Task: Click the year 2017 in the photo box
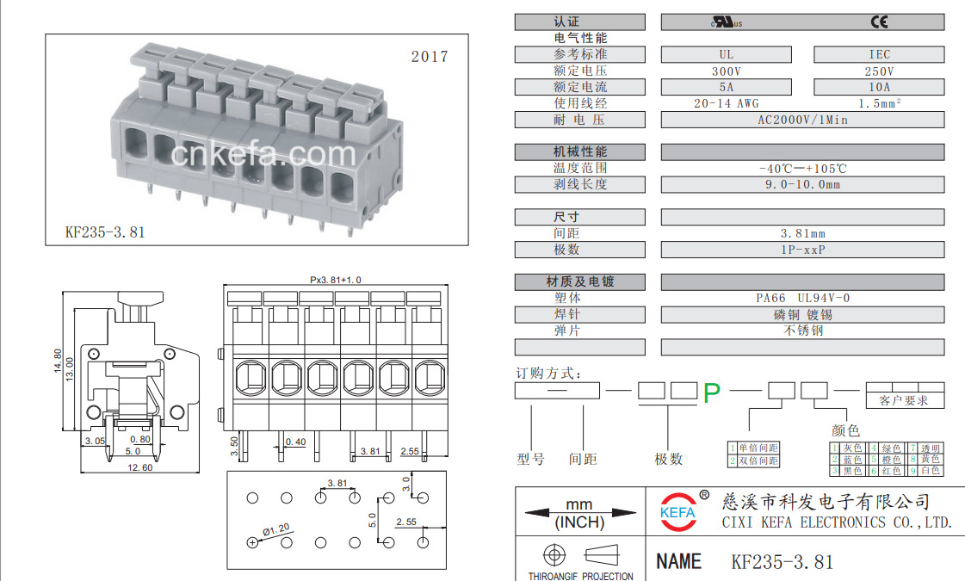(x=430, y=57)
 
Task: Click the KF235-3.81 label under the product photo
(x=105, y=232)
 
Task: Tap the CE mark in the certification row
(x=879, y=22)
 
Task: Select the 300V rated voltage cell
(x=727, y=71)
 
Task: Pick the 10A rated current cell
(x=879, y=87)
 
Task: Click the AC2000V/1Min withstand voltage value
(x=801, y=120)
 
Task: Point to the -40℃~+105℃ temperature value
(x=801, y=169)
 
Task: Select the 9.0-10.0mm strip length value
(x=801, y=184)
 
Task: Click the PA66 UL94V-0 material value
(x=801, y=298)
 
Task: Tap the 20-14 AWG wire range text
(x=727, y=103)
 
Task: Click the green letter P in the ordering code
(x=711, y=393)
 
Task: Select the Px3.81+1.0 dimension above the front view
(x=336, y=280)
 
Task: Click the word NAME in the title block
(x=678, y=561)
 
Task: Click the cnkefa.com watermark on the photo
(x=263, y=155)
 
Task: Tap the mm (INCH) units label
(x=579, y=513)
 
